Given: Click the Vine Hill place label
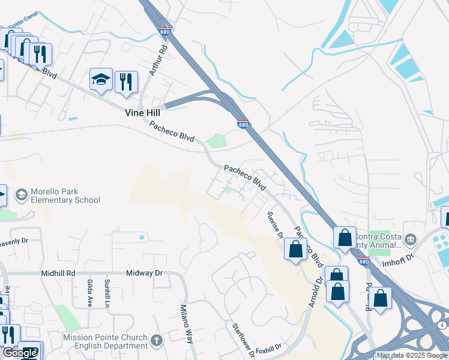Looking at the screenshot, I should [143, 112].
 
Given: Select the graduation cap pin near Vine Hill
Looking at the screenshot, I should [101, 80].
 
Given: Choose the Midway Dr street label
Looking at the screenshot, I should [144, 273].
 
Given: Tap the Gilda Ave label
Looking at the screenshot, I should [89, 293].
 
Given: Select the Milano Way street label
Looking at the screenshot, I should [187, 324].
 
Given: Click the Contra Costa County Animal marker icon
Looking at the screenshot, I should [410, 241].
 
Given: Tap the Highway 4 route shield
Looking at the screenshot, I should [442, 325].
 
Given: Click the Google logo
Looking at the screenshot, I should [19, 353].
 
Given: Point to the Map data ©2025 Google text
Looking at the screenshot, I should [412, 355].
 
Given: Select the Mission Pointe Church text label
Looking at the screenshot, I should [105, 341].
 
